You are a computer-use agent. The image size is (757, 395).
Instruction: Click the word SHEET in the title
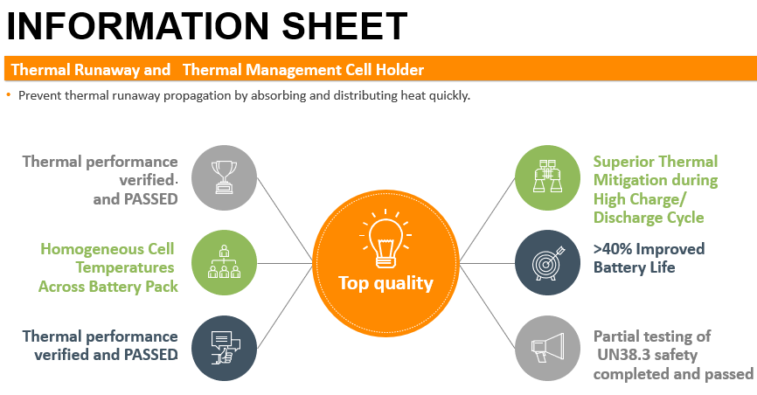click(x=344, y=26)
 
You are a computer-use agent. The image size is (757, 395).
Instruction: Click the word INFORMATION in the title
click(x=137, y=26)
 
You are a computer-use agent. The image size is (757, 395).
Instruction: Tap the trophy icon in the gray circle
click(x=224, y=177)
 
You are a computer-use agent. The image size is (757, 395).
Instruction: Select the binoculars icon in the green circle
click(x=547, y=177)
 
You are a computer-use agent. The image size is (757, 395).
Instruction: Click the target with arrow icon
click(x=547, y=263)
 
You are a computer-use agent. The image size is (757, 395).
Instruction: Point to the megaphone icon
click(x=547, y=347)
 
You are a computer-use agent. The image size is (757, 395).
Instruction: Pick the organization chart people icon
click(x=224, y=261)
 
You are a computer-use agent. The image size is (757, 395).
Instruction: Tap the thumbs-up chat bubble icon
click(x=225, y=348)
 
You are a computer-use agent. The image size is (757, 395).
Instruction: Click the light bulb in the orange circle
click(x=385, y=239)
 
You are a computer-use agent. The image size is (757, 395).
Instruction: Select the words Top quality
click(x=385, y=283)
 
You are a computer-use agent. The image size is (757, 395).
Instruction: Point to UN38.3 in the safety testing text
click(x=623, y=355)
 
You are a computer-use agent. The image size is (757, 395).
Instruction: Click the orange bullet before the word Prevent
click(x=9, y=94)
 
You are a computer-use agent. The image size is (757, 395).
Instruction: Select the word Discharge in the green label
click(x=628, y=218)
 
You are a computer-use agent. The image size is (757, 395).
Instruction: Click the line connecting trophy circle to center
click(x=285, y=220)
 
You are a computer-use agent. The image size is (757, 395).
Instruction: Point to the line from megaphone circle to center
click(x=488, y=306)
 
